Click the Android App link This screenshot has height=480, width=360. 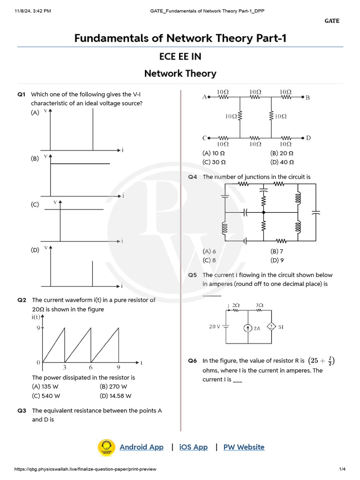142,447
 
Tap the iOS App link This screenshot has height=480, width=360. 193,447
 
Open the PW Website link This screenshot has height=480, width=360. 244,447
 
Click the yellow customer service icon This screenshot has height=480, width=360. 106,447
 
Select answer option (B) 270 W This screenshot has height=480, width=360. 113,387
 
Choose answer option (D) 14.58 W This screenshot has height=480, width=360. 115,396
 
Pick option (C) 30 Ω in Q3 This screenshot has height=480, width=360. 214,162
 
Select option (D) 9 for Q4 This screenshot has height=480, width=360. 277,260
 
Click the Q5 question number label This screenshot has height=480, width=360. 193,275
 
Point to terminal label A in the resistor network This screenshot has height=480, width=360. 204,97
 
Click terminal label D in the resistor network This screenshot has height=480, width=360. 308,138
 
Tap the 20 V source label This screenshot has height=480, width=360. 215,327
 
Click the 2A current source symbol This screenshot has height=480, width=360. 247,328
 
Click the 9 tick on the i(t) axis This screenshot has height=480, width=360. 38,328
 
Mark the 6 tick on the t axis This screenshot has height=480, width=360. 91,368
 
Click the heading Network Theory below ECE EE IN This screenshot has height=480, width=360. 180,74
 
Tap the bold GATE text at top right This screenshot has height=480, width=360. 332,21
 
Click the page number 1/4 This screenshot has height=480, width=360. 342,469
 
